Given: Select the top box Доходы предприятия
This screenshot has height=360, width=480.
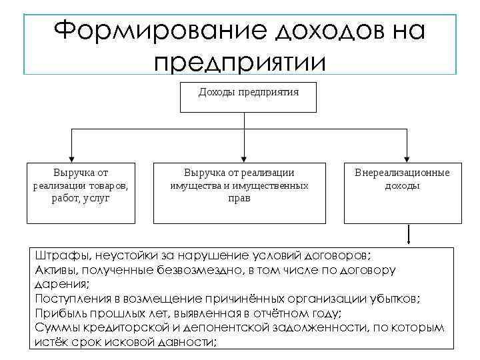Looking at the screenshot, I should click(248, 97).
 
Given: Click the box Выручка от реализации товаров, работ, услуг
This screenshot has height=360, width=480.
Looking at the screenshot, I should click(80, 192).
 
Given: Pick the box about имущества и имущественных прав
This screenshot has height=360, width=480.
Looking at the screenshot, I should click(239, 192).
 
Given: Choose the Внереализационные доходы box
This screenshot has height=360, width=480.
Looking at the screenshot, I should click(402, 192).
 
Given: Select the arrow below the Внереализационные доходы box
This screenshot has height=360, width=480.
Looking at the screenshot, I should click(409, 237).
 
